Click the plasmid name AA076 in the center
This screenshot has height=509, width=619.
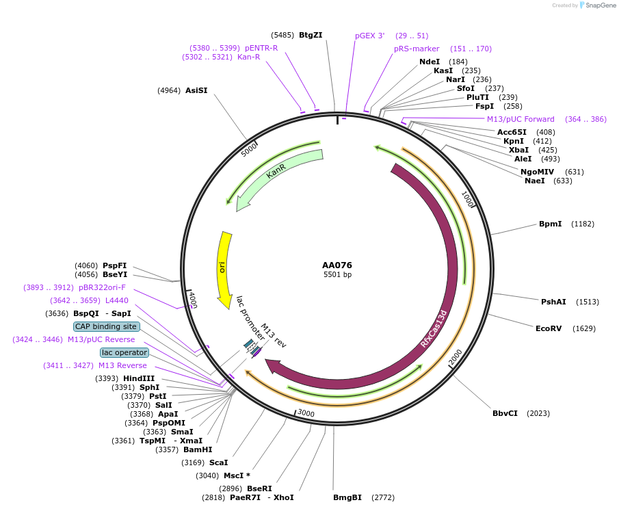pos(337,265)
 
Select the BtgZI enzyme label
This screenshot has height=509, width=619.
pos(311,35)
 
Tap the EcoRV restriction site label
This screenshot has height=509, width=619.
pos(548,328)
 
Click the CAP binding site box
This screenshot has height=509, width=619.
pos(106,326)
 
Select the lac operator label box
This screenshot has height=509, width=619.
pos(124,352)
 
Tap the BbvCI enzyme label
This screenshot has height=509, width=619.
pos(505,413)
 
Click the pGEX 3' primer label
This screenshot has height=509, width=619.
pos(369,36)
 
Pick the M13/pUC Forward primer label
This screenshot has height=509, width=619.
pos(521,119)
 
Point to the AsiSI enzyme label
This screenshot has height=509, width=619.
pos(196,90)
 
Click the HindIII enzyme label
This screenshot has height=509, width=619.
pos(139,378)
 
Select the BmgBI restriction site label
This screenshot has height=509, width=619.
pos(347,497)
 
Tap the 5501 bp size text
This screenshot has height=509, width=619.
pos(337,275)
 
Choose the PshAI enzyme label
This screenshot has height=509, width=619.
pos(553,302)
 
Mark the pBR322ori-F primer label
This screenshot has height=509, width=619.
pos(102,287)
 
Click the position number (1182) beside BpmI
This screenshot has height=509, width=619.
pos(583,224)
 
